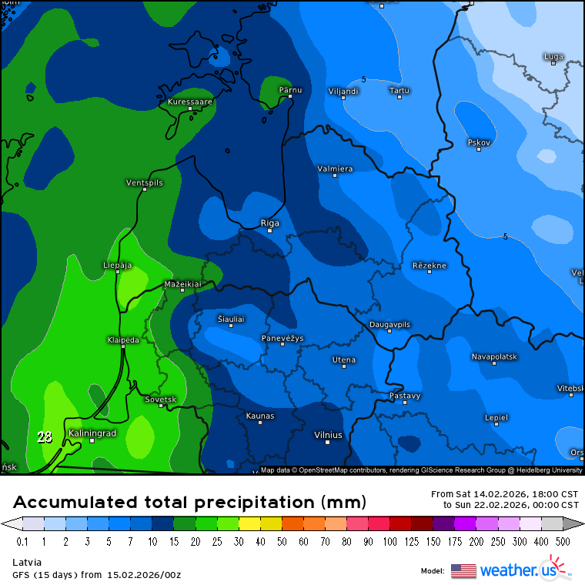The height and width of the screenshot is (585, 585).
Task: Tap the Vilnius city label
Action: pyautogui.click(x=328, y=435)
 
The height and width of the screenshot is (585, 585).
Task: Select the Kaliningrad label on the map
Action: pyautogui.click(x=92, y=433)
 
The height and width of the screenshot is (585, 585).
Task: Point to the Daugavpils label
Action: pyautogui.click(x=390, y=324)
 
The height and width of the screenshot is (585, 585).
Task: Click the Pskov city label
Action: pyautogui.click(x=479, y=142)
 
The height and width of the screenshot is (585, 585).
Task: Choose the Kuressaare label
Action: pyautogui.click(x=190, y=101)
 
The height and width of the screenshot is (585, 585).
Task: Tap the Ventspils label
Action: pyautogui.click(x=145, y=182)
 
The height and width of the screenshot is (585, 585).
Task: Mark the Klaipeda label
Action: pyautogui.click(x=123, y=339)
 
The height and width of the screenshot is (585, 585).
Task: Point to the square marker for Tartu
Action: pyautogui.click(x=399, y=97)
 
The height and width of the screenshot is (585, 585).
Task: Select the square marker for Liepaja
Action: pyautogui.click(x=118, y=272)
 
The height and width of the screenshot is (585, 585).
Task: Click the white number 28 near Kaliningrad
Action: pyautogui.click(x=45, y=437)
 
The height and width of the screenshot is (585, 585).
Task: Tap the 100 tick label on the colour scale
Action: pyautogui.click(x=391, y=541)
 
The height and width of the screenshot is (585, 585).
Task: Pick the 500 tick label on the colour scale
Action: pyautogui.click(x=563, y=541)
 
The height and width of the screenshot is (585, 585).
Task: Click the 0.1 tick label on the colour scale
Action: pyautogui.click(x=22, y=541)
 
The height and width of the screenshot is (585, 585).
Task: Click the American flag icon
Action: pyautogui.click(x=463, y=570)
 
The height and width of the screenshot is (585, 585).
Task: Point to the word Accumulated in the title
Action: pyautogui.click(x=76, y=503)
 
